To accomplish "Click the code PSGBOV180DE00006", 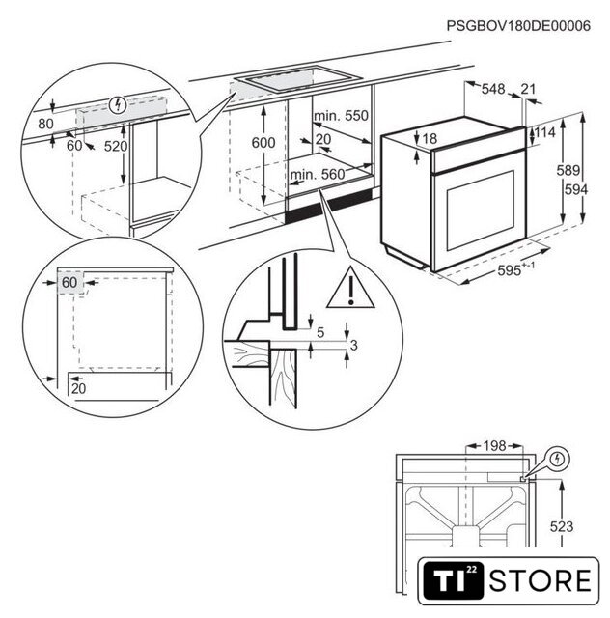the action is (518, 26).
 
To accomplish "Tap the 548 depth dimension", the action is (493, 89).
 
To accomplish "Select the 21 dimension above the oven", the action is (528, 89).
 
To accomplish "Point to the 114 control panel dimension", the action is (545, 132).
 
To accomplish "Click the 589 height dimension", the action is (568, 170).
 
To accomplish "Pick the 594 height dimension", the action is (576, 189).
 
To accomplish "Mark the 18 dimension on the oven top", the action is (430, 138).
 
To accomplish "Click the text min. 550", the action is (341, 116).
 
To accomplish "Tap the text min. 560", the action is (318, 174).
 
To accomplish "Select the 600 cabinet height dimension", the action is (263, 143).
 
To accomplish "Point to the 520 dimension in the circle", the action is (116, 146).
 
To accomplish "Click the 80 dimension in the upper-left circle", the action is (45, 124).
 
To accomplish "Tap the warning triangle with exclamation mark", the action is (350, 290).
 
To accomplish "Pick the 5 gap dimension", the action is (320, 332).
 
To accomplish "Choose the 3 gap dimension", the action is (353, 346).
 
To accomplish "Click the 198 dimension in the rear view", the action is (494, 446).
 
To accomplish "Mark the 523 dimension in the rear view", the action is (562, 526).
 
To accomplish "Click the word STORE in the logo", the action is (540, 580).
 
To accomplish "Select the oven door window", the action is (480, 211).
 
